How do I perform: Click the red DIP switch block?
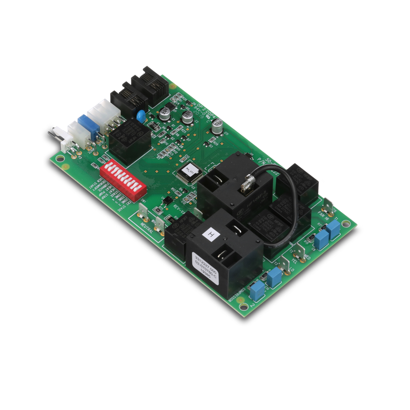click(124, 178)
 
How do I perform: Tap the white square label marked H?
click(209, 235)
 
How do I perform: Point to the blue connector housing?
click(86, 128)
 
